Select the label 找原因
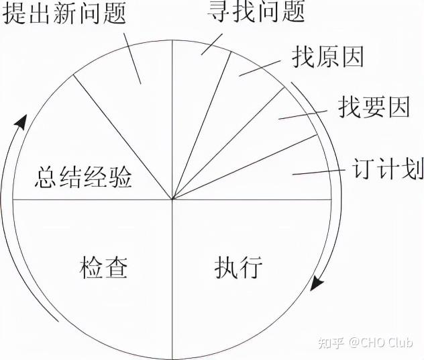(x=327, y=58)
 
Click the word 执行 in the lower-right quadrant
(x=238, y=267)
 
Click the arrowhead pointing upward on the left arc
(x=22, y=122)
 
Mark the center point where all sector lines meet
(x=172, y=199)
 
